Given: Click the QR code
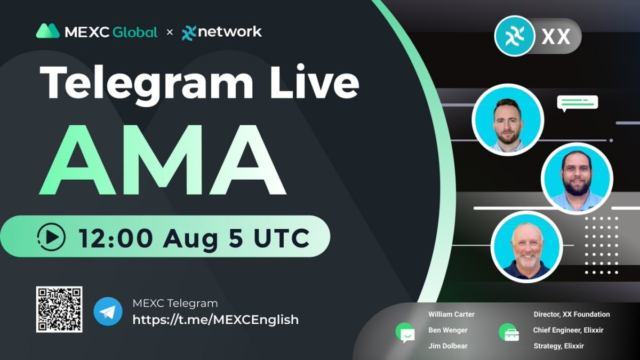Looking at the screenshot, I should [x=59, y=309].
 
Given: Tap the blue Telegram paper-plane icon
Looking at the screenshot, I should [x=108, y=311].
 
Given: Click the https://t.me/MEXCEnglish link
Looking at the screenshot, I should [x=215, y=320].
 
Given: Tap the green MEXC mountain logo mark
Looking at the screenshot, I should [x=47, y=31].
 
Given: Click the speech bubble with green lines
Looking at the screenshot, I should [x=578, y=102].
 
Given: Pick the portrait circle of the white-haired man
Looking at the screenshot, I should [x=526, y=246].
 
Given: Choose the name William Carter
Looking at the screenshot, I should [x=451, y=314].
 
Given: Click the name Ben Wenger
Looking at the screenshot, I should [x=448, y=330].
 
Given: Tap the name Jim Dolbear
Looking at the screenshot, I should [x=448, y=346].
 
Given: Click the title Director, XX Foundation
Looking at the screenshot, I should [x=571, y=314].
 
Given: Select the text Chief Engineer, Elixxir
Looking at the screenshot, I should [x=571, y=330].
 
